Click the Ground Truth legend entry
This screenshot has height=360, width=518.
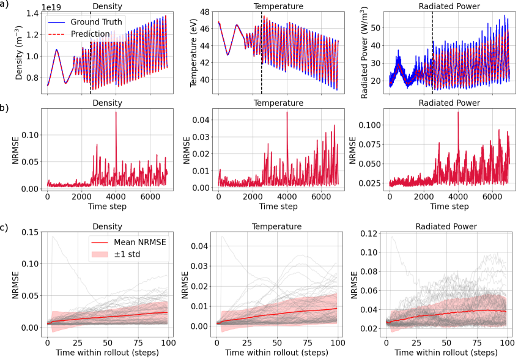tap(95, 22)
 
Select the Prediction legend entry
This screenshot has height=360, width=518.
tap(89, 34)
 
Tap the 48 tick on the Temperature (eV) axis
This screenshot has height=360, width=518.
tap(206, 12)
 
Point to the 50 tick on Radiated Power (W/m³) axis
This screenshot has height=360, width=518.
tap(378, 28)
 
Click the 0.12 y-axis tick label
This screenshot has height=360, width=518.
tap(368, 234)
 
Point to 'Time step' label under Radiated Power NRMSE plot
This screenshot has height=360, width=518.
tap(448, 207)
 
